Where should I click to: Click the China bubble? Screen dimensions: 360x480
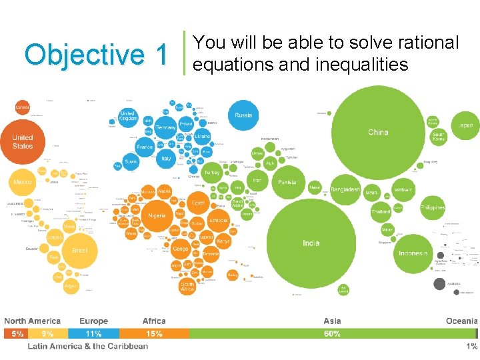click(x=377, y=133)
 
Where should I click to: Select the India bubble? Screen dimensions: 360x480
click(x=311, y=243)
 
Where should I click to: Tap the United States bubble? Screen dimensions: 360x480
click(x=22, y=141)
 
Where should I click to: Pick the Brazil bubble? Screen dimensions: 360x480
click(x=80, y=250)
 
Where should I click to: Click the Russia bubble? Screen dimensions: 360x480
click(x=243, y=115)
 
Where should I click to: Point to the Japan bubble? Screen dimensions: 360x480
click(x=465, y=125)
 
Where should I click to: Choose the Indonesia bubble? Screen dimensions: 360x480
click(x=413, y=253)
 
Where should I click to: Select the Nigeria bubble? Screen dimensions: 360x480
click(x=157, y=216)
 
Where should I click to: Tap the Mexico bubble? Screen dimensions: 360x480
click(x=23, y=181)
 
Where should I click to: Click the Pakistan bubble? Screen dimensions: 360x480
click(x=288, y=181)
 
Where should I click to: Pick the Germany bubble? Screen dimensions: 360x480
click(x=165, y=127)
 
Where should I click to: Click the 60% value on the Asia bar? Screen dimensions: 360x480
click(x=332, y=333)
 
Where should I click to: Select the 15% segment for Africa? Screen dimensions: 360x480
click(x=153, y=333)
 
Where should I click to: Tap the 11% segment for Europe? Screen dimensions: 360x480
click(x=93, y=333)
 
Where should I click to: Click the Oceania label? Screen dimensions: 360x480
click(x=461, y=321)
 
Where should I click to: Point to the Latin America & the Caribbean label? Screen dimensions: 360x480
click(x=87, y=346)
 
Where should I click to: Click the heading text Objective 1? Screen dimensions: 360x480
click(x=96, y=55)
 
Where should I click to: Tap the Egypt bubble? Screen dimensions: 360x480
click(x=199, y=202)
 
